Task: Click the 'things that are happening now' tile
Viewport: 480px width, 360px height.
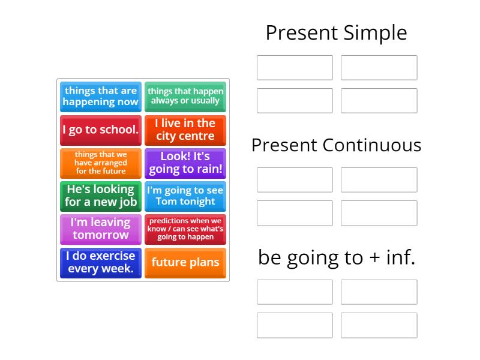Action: (101, 97)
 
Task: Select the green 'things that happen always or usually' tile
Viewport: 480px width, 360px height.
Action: (185, 97)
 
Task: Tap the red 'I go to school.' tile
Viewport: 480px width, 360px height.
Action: (101, 130)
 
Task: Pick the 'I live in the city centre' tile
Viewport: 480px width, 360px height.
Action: (185, 130)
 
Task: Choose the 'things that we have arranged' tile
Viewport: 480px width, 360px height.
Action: (101, 163)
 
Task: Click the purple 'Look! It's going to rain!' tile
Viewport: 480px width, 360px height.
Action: (185, 163)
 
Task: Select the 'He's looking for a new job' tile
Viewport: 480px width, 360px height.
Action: (101, 196)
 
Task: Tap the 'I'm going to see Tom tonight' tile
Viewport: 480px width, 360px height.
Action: (185, 196)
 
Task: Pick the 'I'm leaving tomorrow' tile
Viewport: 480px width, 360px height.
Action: (101, 229)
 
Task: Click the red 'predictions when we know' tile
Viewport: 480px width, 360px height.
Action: (185, 229)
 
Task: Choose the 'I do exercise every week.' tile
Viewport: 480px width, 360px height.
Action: (101, 262)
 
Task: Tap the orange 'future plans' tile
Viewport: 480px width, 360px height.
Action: (185, 262)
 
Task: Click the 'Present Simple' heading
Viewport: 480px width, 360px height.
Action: (336, 33)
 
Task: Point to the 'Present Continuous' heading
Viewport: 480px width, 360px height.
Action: (336, 145)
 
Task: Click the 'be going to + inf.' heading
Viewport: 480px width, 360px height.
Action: (337, 257)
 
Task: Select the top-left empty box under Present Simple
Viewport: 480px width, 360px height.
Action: (295, 68)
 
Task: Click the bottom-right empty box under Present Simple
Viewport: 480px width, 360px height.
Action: (379, 101)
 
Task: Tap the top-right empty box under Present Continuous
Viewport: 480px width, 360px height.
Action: (379, 180)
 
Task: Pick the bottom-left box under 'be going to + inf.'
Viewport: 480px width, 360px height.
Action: (295, 325)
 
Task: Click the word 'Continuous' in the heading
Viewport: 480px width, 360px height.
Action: (372, 145)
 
